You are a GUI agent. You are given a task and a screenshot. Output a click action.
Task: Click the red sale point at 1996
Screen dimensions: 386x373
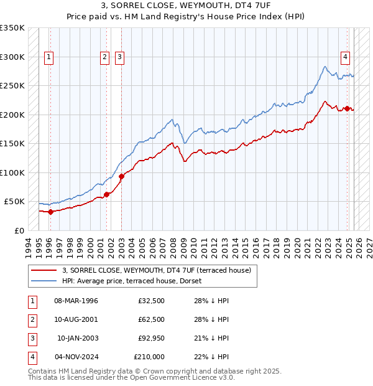[50, 212]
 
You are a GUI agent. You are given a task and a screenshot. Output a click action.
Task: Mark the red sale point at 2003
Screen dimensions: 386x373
[121, 176]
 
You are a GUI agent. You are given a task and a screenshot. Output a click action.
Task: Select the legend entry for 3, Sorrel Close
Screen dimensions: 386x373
[156, 270]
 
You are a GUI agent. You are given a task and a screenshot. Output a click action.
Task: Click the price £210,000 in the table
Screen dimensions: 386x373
[149, 357]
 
